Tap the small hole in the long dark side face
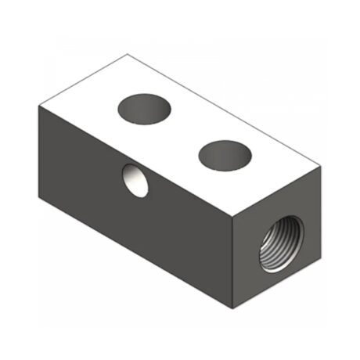tap(135, 179)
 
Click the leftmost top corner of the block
tap(37, 105)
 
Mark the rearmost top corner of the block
tap(128, 54)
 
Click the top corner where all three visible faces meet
tap(233, 217)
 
